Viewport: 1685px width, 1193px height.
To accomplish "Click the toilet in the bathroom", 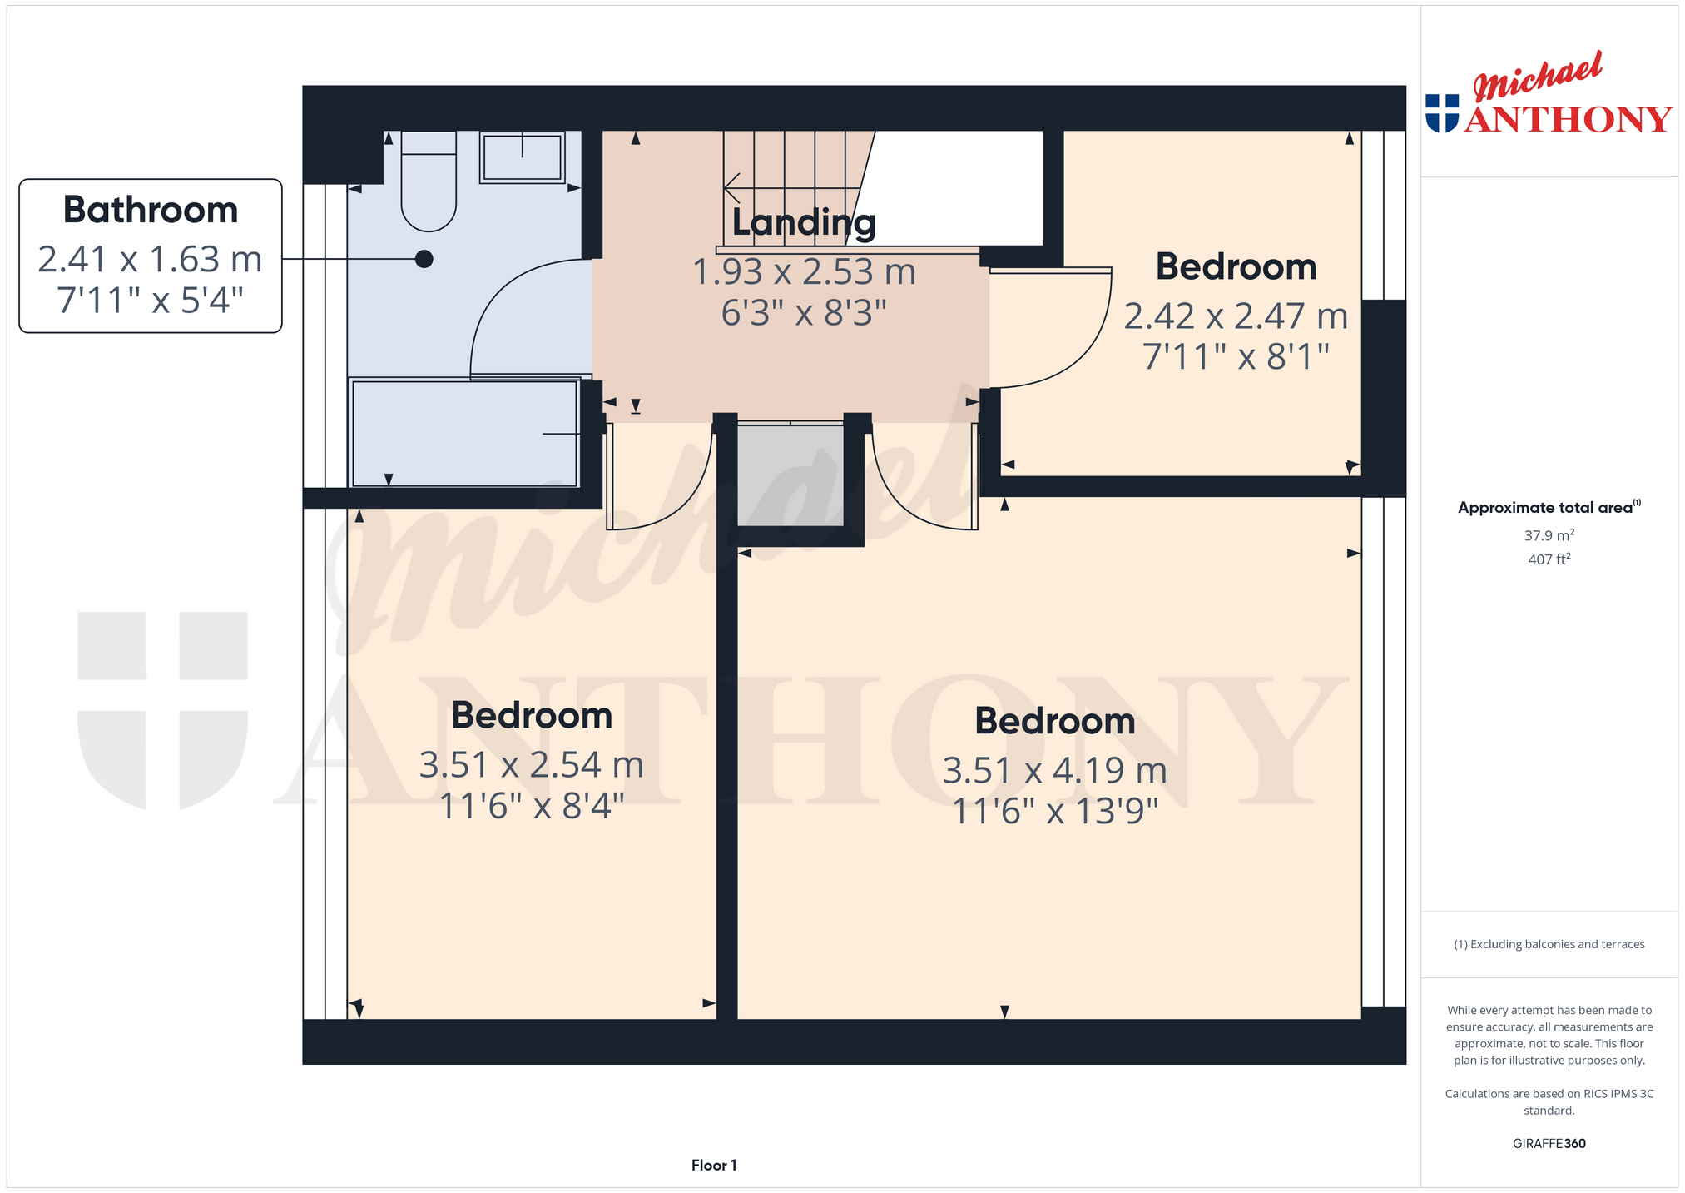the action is point(429,181).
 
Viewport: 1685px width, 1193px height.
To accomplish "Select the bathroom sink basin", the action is point(523,157).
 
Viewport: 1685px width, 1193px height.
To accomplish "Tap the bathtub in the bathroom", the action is point(465,433).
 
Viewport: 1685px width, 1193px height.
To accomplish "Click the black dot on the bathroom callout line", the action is point(424,259).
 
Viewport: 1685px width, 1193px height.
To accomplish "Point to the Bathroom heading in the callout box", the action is point(151,210).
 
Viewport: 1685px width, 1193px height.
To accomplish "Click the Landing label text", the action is point(804,222).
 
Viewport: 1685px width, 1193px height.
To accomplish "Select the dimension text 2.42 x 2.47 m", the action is point(1236,316).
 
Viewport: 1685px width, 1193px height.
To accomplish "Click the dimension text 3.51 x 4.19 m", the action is point(1055,771).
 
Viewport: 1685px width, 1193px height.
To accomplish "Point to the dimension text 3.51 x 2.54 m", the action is point(532,765).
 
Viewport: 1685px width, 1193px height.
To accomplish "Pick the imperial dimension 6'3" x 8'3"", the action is point(804,313).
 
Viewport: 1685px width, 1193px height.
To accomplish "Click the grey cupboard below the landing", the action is point(790,475).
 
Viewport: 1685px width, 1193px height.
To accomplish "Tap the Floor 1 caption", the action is point(714,1166).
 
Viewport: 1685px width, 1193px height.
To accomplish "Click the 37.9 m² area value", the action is point(1549,535).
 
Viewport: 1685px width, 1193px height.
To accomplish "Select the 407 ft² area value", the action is point(1549,559).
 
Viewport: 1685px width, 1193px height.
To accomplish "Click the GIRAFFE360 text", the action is point(1549,1144).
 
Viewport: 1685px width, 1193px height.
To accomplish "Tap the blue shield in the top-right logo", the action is point(1442,113).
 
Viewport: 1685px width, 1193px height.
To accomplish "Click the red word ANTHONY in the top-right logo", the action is point(1569,119).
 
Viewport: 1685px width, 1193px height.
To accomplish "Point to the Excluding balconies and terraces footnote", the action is point(1549,944).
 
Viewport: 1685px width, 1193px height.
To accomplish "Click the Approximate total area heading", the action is point(1549,507).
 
